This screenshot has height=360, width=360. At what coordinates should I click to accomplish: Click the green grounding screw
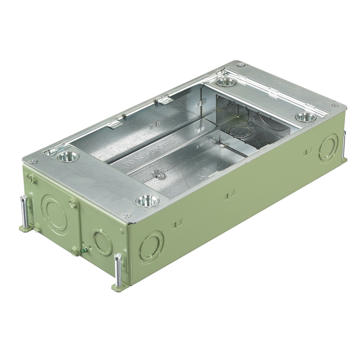pyautogui.click(x=84, y=250)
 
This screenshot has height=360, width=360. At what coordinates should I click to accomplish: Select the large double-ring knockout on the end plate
pyautogui.click(x=55, y=214)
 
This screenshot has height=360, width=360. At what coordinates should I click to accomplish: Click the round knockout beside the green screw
pyautogui.click(x=102, y=242)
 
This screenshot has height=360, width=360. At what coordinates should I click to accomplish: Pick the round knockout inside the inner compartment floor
pyautogui.click(x=240, y=131)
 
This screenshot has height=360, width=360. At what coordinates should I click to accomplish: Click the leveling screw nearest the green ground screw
pyautogui.click(x=118, y=269)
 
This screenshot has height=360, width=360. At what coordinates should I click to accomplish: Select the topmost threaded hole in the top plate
pyautogui.click(x=226, y=82)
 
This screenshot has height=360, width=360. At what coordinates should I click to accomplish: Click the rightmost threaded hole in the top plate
pyautogui.click(x=305, y=117)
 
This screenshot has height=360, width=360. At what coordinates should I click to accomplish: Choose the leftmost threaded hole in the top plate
pyautogui.click(x=68, y=156)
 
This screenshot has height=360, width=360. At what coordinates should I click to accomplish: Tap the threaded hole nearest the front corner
pyautogui.click(x=147, y=201)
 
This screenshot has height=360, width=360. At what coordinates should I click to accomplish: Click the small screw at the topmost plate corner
pyautogui.click(x=241, y=65)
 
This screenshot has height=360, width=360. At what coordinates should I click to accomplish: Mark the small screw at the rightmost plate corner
pyautogui.click(x=335, y=105)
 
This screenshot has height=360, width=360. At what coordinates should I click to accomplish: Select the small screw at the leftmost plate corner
pyautogui.click(x=33, y=161)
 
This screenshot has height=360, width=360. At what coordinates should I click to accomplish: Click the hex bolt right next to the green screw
pyautogui.click(x=74, y=252)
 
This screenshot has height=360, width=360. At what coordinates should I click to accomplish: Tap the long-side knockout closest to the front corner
pyautogui.click(x=151, y=246)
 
